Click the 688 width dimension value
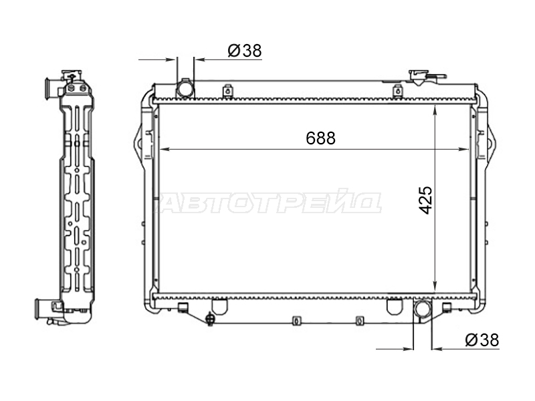coord(321,138)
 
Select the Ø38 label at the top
coord(245,51)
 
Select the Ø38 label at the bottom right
coord(482,340)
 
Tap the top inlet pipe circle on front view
coord(185,89)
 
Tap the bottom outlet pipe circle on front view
coord(423,309)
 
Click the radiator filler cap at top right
coord(419,78)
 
